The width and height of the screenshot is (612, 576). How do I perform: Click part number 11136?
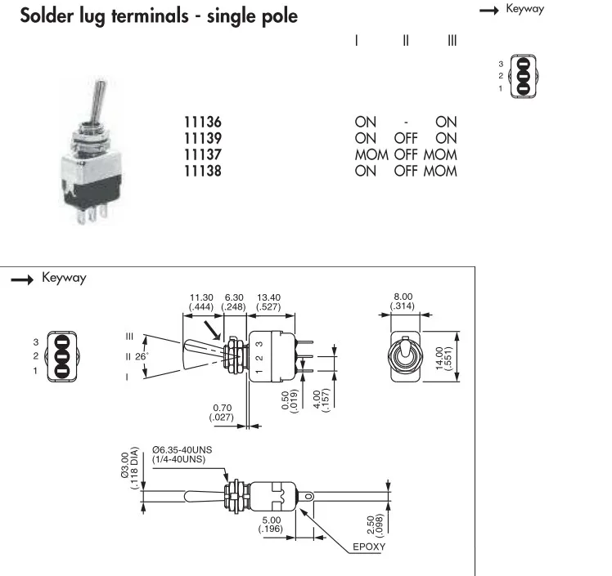pyautogui.click(x=203, y=122)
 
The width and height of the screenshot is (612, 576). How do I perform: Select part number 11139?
pyautogui.click(x=203, y=138)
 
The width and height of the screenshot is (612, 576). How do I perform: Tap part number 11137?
pyautogui.click(x=203, y=154)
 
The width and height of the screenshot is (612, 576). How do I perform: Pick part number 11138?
pyautogui.click(x=203, y=171)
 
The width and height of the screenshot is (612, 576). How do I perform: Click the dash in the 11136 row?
pyautogui.click(x=406, y=123)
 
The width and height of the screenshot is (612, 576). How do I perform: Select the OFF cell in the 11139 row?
pyautogui.click(x=406, y=138)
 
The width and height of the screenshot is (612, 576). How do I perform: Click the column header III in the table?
pyautogui.click(x=452, y=41)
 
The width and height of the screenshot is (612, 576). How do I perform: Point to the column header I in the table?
pyautogui.click(x=357, y=41)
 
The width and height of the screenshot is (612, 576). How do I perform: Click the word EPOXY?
pyautogui.click(x=369, y=547)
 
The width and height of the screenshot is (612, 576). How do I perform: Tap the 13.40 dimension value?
pyautogui.click(x=269, y=297)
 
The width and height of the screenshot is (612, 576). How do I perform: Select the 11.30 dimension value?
pyautogui.click(x=201, y=297)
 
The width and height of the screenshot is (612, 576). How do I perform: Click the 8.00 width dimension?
pyautogui.click(x=403, y=297)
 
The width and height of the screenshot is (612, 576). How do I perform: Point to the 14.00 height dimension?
pyautogui.click(x=439, y=359)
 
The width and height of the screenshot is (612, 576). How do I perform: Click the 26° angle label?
pyautogui.click(x=142, y=356)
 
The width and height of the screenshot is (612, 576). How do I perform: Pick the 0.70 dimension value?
pyautogui.click(x=222, y=408)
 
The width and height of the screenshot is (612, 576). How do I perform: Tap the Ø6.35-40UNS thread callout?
pyautogui.click(x=182, y=449)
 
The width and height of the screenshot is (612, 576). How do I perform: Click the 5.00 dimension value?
pyautogui.click(x=272, y=520)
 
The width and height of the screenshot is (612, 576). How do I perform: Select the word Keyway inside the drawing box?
pyautogui.click(x=64, y=278)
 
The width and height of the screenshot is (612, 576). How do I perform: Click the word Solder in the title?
pyautogui.click(x=47, y=16)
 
